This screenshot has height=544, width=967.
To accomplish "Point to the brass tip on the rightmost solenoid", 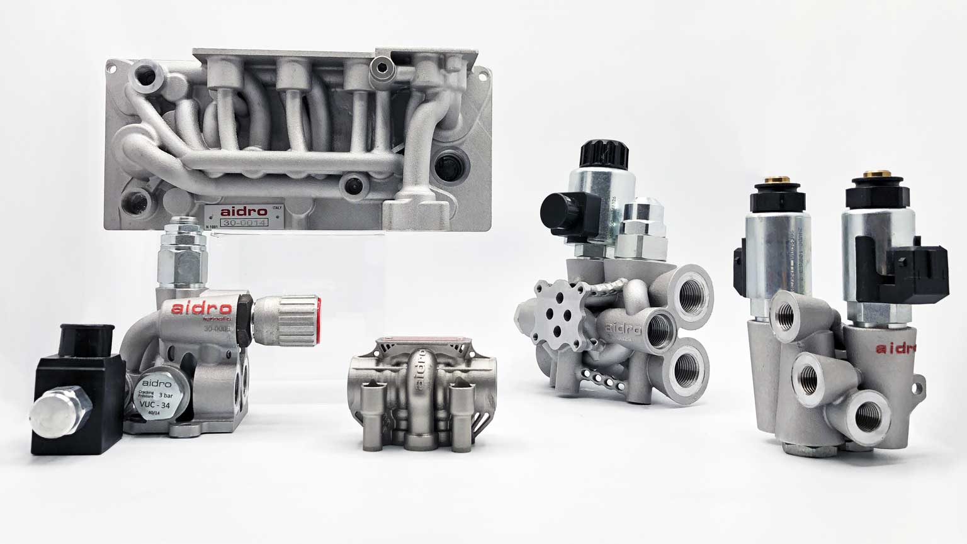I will tap(874, 172).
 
